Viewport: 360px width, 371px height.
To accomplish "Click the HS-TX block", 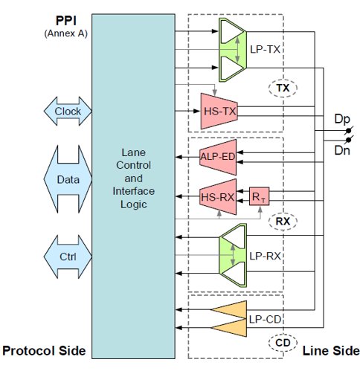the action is (x=219, y=111).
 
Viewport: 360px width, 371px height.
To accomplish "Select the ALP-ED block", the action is (x=218, y=157).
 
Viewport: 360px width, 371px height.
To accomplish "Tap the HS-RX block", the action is (x=218, y=197).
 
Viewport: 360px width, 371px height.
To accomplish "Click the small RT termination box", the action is (x=259, y=196).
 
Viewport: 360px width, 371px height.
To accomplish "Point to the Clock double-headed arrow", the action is (x=68, y=111).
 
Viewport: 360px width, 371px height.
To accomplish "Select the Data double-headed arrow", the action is (x=68, y=179).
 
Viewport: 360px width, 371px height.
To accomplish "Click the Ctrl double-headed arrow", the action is (x=68, y=257).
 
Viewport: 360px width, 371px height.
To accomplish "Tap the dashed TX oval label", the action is (x=283, y=88).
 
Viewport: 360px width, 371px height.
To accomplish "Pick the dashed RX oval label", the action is (x=283, y=222).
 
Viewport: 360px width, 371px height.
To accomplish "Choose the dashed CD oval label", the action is (x=283, y=343).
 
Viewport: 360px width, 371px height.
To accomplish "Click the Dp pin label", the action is (x=342, y=119).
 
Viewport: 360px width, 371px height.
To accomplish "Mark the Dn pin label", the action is (x=342, y=150).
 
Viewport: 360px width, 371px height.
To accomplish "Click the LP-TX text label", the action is (x=265, y=49).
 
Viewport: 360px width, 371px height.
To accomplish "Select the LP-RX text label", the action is (x=265, y=256).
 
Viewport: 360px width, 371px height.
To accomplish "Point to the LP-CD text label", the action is (x=265, y=319).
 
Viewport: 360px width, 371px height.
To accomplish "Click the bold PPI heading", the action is (x=66, y=21).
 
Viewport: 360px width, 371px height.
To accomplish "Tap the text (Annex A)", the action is (x=66, y=33).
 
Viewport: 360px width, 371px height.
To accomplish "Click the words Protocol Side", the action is (x=44, y=351).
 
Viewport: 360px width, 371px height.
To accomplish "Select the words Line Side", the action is (x=331, y=351).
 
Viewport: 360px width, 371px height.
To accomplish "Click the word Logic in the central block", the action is (x=134, y=204).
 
